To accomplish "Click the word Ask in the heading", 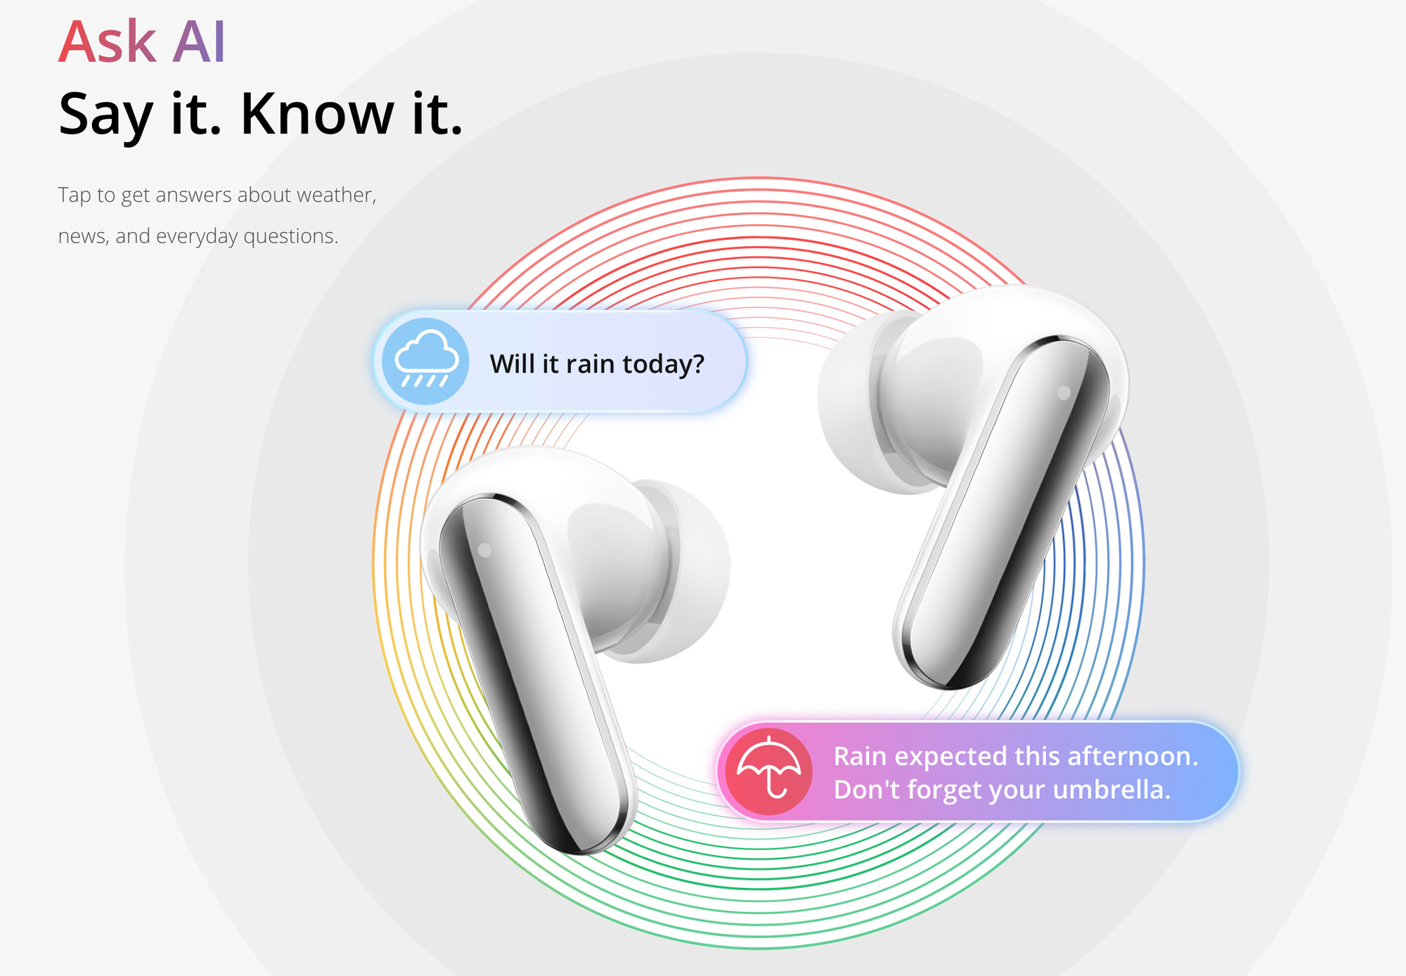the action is coord(108,41).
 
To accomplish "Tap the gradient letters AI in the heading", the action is coord(200,41).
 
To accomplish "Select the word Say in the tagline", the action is coord(105,116).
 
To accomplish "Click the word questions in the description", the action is coord(290,237).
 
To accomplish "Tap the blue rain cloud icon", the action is coord(425,361).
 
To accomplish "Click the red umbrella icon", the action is coord(768,771).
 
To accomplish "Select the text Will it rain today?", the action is coord(597,364).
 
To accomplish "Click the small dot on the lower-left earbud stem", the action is coord(485,551).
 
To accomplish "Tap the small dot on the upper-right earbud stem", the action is coord(1064,392).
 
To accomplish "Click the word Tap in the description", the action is coord(75,195).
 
